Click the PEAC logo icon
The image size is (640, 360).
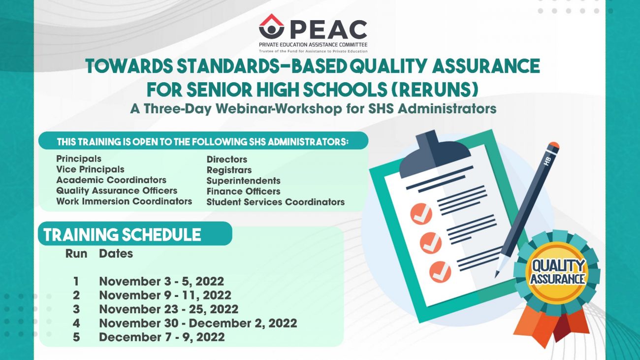click(271, 27)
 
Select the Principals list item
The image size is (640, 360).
click(79, 159)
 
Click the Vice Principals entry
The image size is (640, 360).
click(90, 169)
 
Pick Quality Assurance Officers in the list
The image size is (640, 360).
click(117, 191)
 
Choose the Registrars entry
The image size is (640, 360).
click(229, 170)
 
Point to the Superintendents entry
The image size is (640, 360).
click(243, 181)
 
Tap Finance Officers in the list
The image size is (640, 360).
click(243, 191)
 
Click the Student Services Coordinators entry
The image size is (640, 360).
click(275, 202)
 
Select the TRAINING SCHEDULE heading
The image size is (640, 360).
click(123, 235)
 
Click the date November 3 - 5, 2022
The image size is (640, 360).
click(161, 281)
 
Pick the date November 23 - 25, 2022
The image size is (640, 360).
click(168, 309)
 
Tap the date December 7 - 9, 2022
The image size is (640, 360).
click(161, 337)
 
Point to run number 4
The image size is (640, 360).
click(76, 323)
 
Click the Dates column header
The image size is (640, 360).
click(116, 254)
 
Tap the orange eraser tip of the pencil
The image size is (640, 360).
click(553, 146)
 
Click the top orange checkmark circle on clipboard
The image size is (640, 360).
click(421, 214)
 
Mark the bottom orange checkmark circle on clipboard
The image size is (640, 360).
click(440, 272)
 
